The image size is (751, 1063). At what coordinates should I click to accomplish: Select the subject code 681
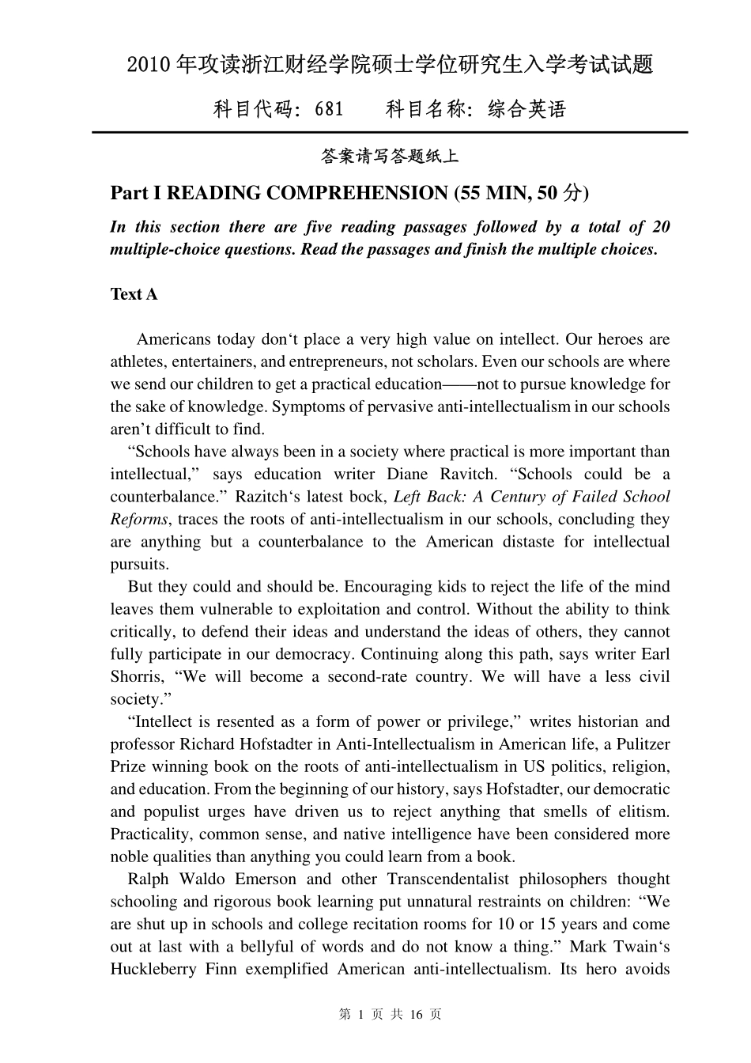click(x=329, y=109)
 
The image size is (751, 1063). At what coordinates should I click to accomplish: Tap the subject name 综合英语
click(x=527, y=109)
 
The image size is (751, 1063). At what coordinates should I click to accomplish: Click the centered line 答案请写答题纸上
click(x=389, y=157)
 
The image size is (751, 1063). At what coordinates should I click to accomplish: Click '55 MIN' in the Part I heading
click(x=494, y=193)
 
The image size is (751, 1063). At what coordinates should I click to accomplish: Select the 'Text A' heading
click(x=134, y=294)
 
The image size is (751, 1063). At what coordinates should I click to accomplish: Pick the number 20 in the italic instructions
click(x=660, y=227)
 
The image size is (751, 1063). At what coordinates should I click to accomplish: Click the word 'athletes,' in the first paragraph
click(x=138, y=361)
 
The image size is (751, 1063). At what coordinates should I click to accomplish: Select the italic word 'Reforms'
click(x=139, y=519)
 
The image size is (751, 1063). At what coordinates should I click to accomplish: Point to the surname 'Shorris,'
click(x=138, y=676)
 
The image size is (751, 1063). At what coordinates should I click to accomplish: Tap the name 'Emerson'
click(x=266, y=879)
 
